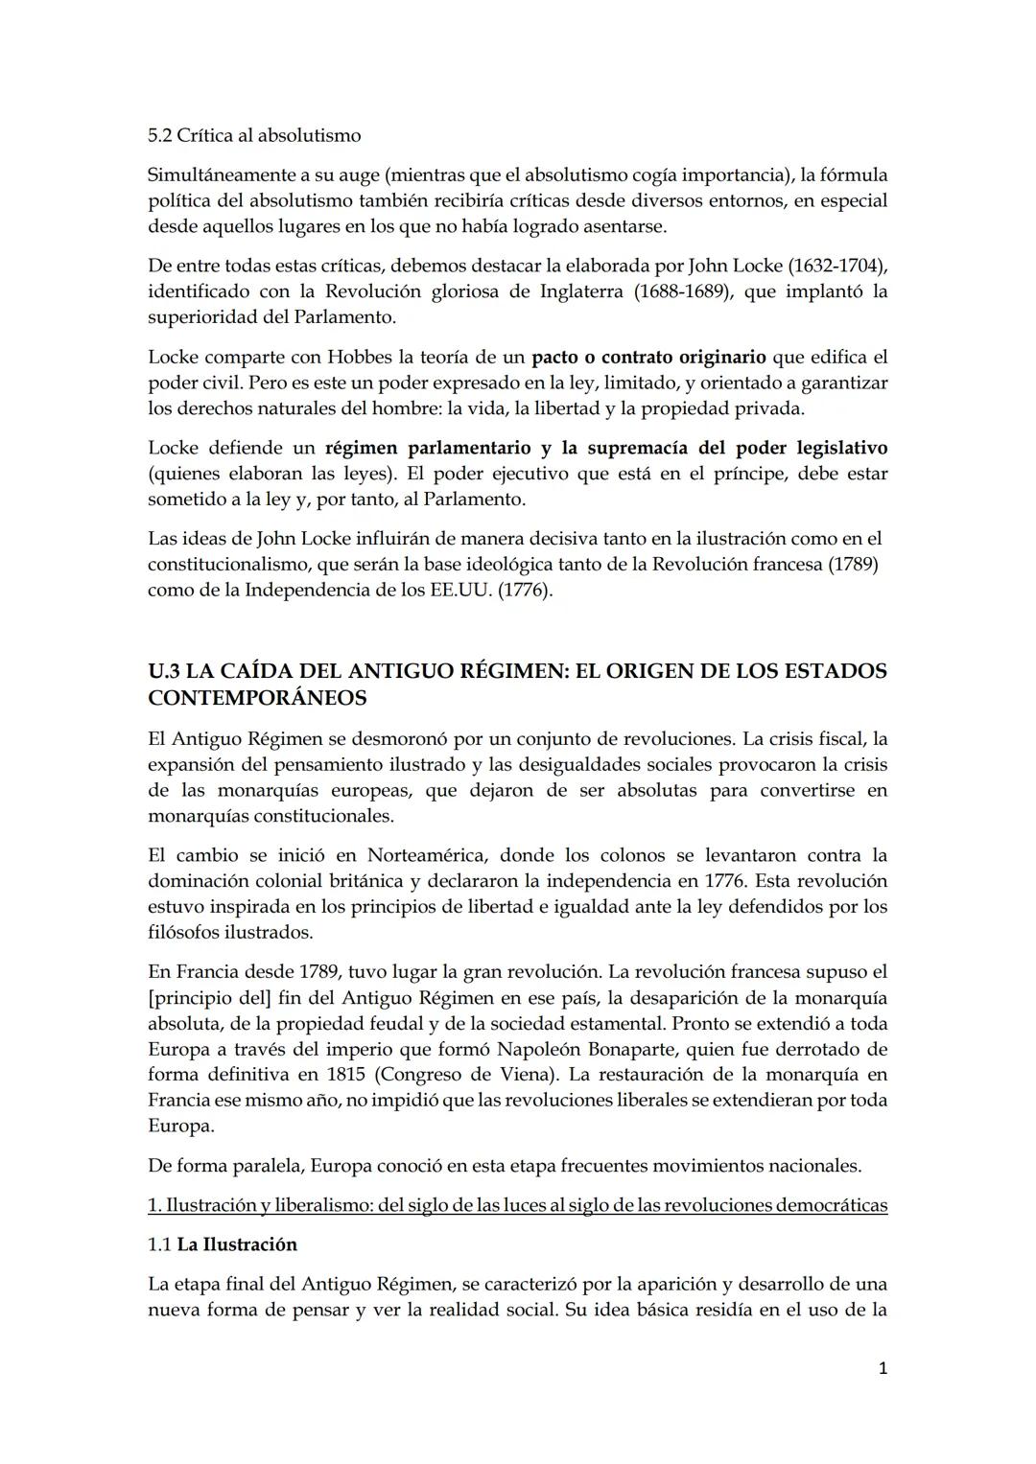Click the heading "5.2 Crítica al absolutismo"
click(254, 135)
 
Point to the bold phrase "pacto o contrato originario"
click(648, 357)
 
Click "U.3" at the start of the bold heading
click(164, 671)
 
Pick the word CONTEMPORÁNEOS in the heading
click(257, 698)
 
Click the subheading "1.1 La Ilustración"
click(223, 1244)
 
